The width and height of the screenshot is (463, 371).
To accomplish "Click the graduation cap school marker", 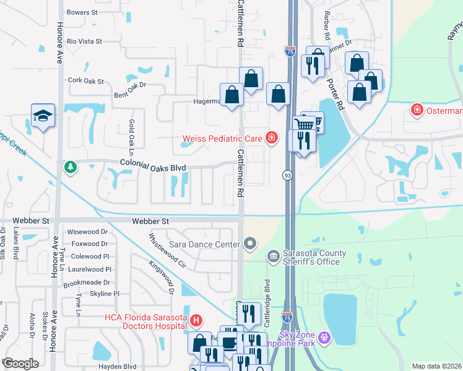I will pyautogui.click(x=43, y=116).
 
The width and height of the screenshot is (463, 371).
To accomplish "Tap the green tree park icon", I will pyautogui.click(x=70, y=167).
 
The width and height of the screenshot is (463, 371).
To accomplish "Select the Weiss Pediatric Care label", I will pyautogui.click(x=222, y=138).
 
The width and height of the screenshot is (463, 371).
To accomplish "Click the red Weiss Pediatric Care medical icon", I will pyautogui.click(x=271, y=138).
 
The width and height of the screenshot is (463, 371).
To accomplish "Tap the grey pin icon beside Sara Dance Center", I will pyautogui.click(x=250, y=244).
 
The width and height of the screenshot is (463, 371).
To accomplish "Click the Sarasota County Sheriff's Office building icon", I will pyautogui.click(x=273, y=256).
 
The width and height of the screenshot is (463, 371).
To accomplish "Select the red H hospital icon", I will pyautogui.click(x=196, y=320).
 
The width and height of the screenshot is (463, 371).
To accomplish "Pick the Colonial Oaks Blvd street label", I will pyautogui.click(x=153, y=167).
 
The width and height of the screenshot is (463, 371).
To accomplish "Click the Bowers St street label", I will pyautogui.click(x=82, y=12).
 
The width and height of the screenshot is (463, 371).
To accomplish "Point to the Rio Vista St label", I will pyautogui.click(x=84, y=41).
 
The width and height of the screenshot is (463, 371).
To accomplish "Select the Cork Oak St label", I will pyautogui.click(x=86, y=80).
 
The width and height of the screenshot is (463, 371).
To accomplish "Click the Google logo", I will pyautogui.click(x=20, y=363).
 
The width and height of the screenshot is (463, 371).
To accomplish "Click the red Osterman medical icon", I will pyautogui.click(x=417, y=110).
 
